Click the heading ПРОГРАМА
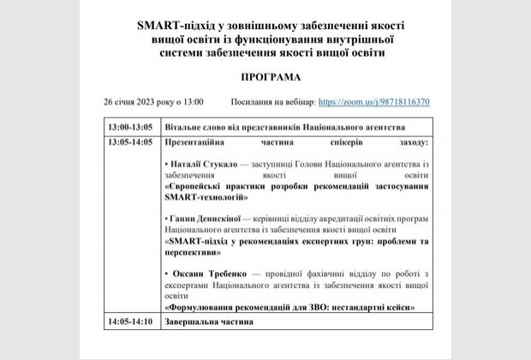coord(265,75)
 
